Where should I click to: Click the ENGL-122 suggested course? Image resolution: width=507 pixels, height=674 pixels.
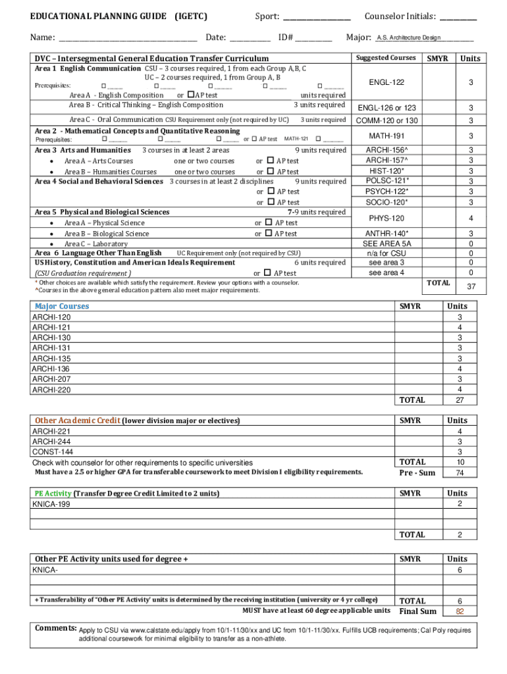pyautogui.click(x=386, y=82)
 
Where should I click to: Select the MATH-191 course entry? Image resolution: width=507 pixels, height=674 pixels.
pyautogui.click(x=386, y=136)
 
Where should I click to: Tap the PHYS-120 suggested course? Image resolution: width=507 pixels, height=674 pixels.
pyautogui.click(x=386, y=218)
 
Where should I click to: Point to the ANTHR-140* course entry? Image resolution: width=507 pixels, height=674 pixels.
pyautogui.click(x=387, y=234)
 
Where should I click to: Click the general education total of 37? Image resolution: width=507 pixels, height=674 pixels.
pyautogui.click(x=471, y=286)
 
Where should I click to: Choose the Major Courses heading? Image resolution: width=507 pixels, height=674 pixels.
pyautogui.click(x=62, y=306)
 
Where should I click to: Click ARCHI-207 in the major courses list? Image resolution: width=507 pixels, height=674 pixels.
pyautogui.click(x=51, y=378)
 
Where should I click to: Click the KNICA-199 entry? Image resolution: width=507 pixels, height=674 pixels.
pyautogui.click(x=52, y=504)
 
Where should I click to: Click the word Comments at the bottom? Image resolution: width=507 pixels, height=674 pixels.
pyautogui.click(x=56, y=628)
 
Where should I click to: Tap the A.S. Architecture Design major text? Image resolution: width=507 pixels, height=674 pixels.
pyautogui.click(x=408, y=38)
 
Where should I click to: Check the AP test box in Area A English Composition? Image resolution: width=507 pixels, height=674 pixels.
pyautogui.click(x=191, y=95)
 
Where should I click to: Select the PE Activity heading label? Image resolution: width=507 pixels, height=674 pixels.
pyautogui.click(x=53, y=493)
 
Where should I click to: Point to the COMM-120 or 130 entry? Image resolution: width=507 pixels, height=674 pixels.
pyautogui.click(x=387, y=120)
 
